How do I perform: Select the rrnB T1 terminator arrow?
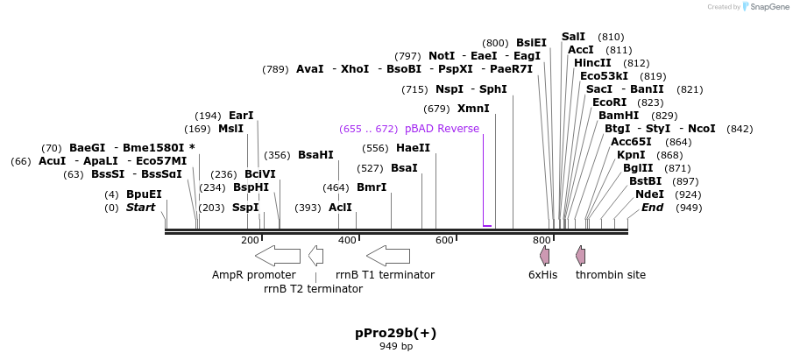(x=388, y=256)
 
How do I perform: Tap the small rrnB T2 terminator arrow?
(x=315, y=256)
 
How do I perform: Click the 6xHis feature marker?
(x=544, y=256)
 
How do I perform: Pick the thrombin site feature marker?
(x=580, y=256)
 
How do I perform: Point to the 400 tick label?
(x=348, y=240)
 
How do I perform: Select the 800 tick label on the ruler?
(x=542, y=240)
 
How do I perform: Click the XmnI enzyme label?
(x=473, y=109)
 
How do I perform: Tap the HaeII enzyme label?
(x=413, y=148)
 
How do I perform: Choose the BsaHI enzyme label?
(x=315, y=155)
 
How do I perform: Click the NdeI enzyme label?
(x=649, y=194)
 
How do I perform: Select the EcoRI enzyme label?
(x=609, y=102)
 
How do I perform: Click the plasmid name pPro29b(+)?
(x=395, y=333)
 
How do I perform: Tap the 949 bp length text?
(x=395, y=347)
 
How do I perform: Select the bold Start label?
(x=140, y=208)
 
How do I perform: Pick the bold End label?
(x=652, y=208)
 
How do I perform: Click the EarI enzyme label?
(x=241, y=116)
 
